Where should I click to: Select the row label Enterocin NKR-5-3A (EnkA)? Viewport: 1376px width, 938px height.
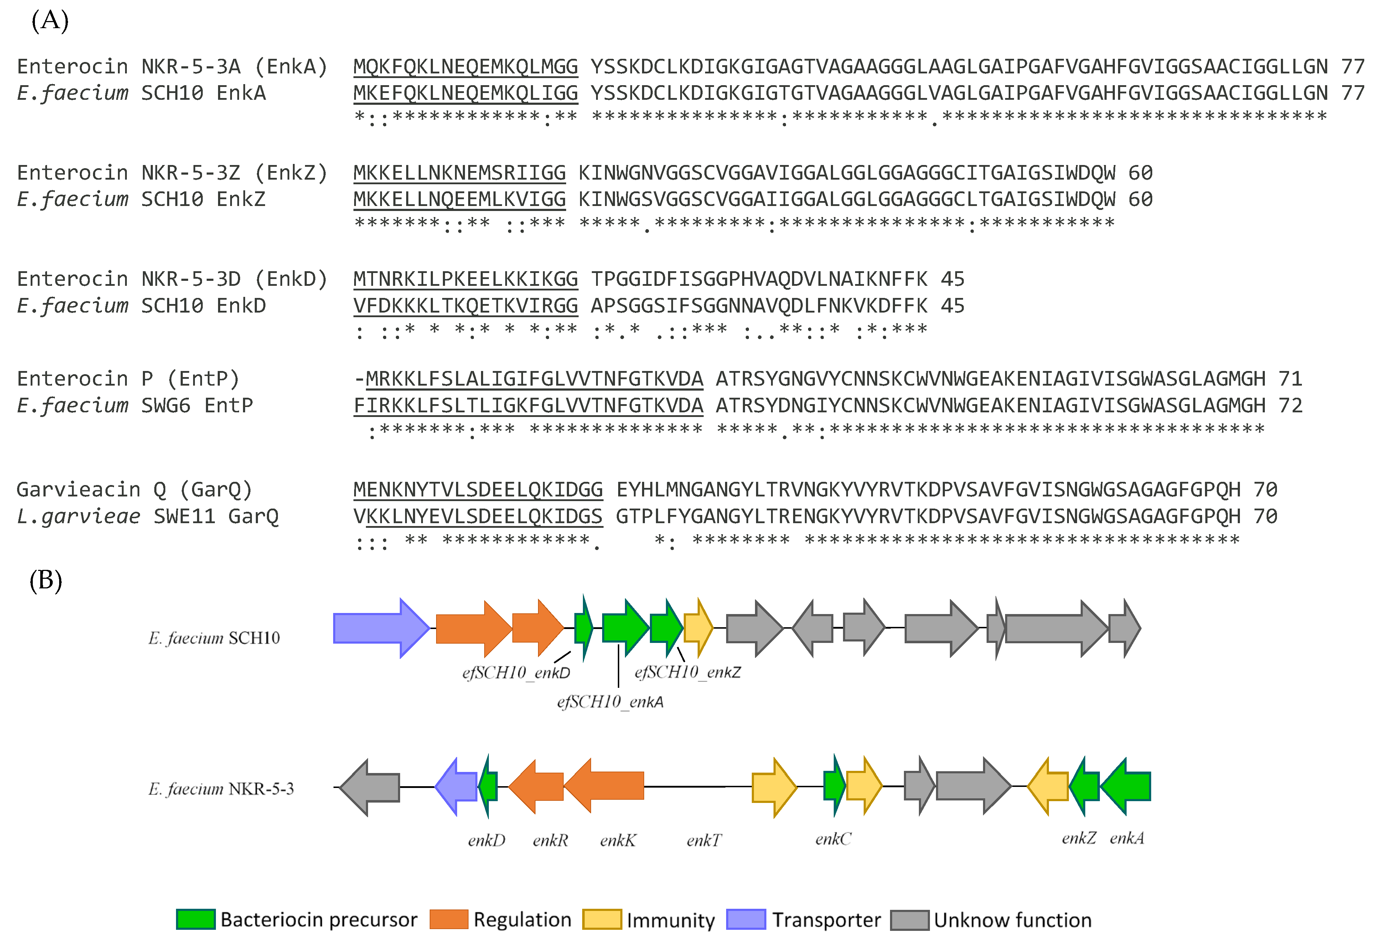[172, 66]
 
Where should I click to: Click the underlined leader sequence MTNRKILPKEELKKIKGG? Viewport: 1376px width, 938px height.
[465, 279]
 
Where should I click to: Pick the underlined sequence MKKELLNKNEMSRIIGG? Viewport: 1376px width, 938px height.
[460, 173]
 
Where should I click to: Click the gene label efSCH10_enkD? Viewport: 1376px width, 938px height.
[516, 673]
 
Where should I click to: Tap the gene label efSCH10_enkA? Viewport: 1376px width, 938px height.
[610, 702]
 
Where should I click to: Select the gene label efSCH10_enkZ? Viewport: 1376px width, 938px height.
[687, 672]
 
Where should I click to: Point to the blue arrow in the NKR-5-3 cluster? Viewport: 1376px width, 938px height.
[456, 787]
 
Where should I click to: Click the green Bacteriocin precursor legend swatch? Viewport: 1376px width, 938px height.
[195, 919]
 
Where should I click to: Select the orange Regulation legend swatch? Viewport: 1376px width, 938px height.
[448, 919]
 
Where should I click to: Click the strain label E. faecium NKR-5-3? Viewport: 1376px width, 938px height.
[221, 789]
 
